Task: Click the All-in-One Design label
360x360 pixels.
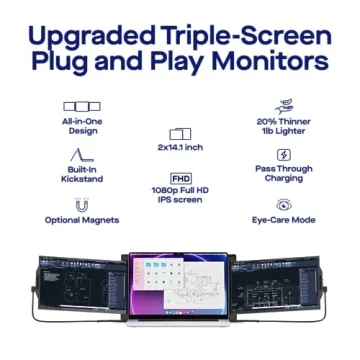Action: pos(82,125)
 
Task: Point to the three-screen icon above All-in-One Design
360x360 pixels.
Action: pos(82,106)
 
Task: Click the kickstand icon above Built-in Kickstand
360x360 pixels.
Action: pos(82,154)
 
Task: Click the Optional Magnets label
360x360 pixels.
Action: pos(82,220)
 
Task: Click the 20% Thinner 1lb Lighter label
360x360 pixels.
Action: pos(284,125)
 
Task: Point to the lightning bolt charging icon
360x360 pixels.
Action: pos(284,155)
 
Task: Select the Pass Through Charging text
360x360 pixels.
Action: pos(284,174)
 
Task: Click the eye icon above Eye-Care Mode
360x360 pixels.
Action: pos(284,204)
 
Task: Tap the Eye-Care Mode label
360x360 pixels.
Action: pos(284,220)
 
